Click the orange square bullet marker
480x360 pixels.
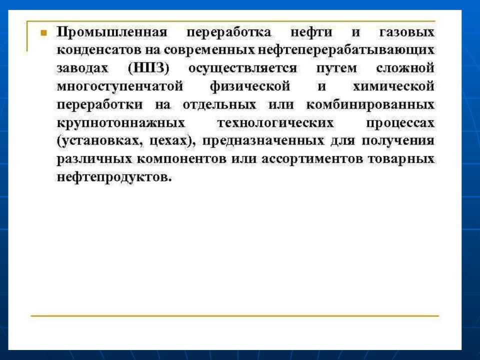[x=43, y=33]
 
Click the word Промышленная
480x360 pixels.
[x=112, y=32]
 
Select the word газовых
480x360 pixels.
[x=407, y=32]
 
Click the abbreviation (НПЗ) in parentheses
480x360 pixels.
[x=148, y=68]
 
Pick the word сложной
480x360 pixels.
[x=405, y=68]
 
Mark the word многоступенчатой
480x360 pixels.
[x=120, y=86]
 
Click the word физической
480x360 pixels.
[x=250, y=86]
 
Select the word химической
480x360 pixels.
[x=393, y=86]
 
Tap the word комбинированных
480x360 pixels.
[x=370, y=104]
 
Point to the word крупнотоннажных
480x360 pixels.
[x=121, y=123]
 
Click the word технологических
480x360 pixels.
[x=275, y=123]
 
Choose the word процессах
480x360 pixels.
[x=400, y=123]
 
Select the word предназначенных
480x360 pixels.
[x=263, y=141]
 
